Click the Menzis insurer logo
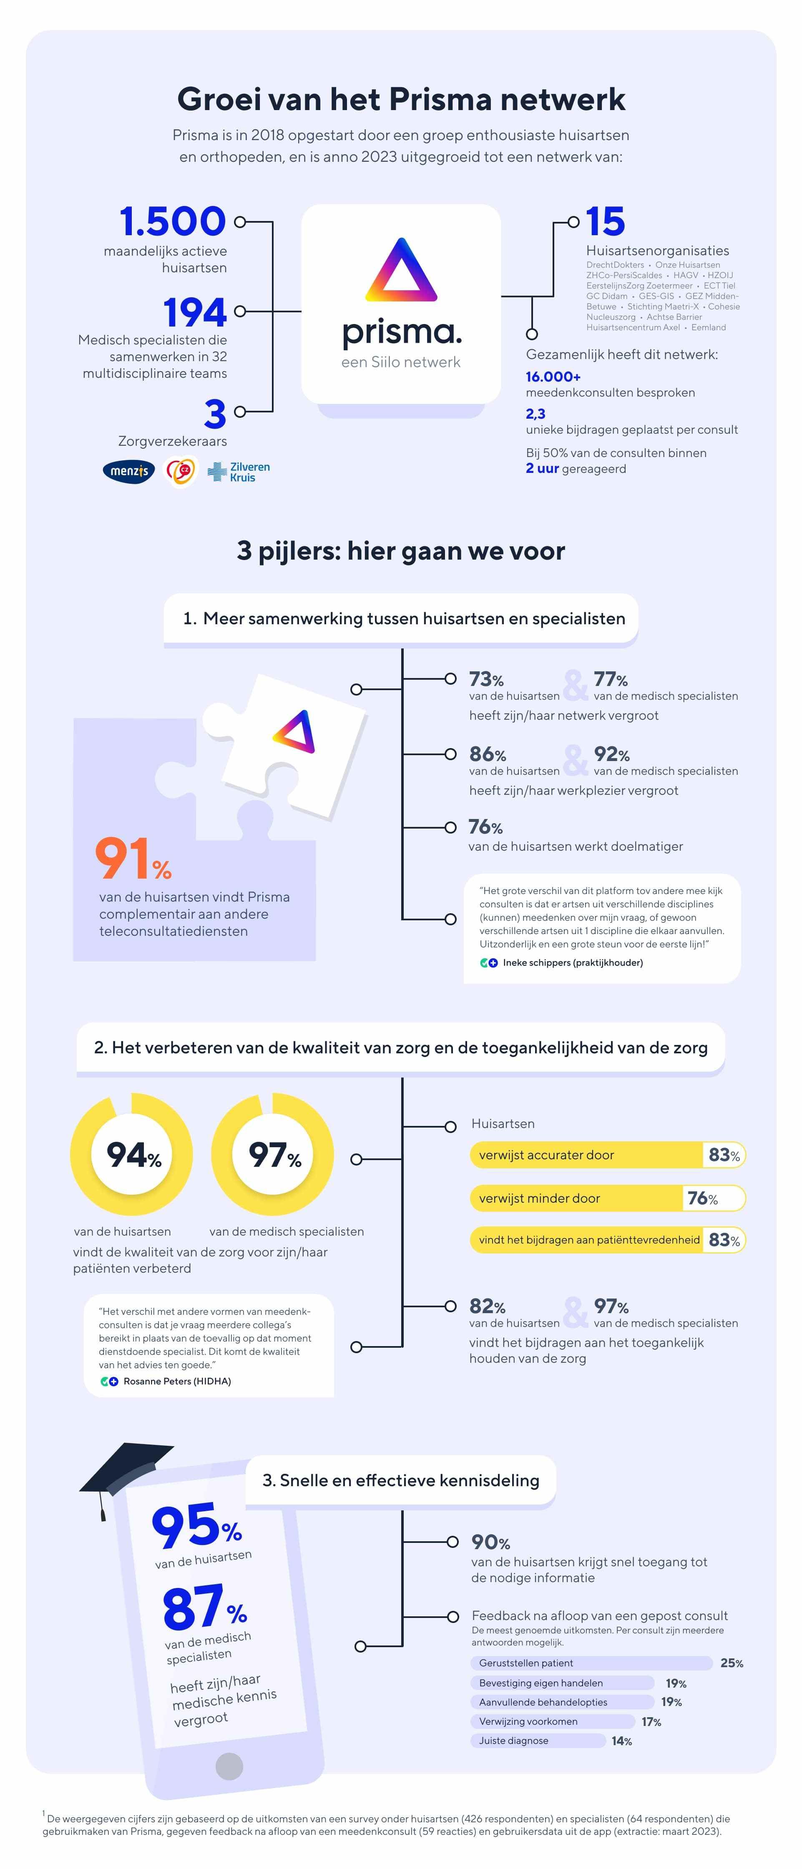tap(128, 472)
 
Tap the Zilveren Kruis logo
tap(239, 472)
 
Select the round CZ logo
tap(180, 472)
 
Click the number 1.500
tap(173, 221)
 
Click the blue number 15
tap(605, 221)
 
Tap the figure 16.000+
tap(553, 377)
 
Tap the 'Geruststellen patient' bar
tap(591, 1663)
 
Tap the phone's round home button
tap(229, 1766)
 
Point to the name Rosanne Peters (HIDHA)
tap(177, 1381)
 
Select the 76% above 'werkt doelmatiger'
tap(485, 827)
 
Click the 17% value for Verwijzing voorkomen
tap(651, 1722)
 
